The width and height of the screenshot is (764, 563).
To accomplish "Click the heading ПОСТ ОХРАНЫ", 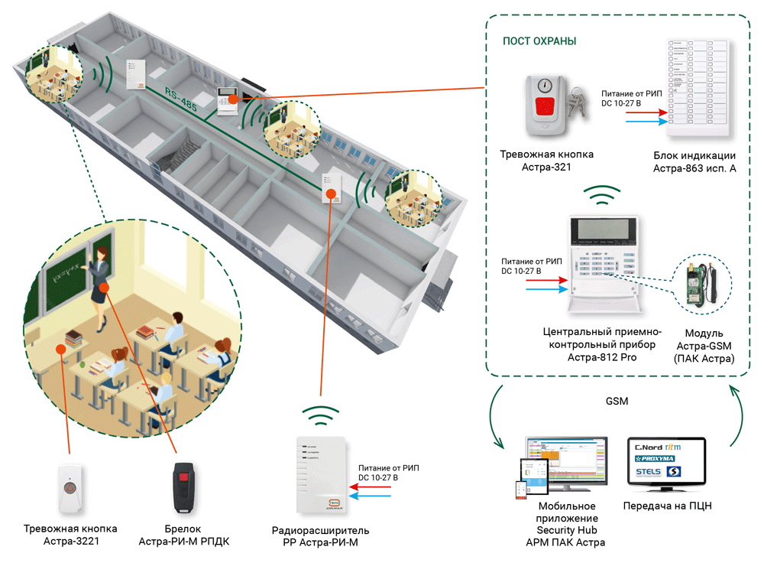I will click(x=539, y=41).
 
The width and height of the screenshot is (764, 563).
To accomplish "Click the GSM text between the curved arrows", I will click(x=617, y=401).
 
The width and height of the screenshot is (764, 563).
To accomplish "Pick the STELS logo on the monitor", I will click(x=649, y=473).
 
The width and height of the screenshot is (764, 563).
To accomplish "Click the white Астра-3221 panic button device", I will click(x=69, y=488).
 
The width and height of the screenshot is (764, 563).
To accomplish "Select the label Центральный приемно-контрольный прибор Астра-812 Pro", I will click(x=601, y=344).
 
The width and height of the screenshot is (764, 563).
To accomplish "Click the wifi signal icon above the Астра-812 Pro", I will click(x=604, y=197).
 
